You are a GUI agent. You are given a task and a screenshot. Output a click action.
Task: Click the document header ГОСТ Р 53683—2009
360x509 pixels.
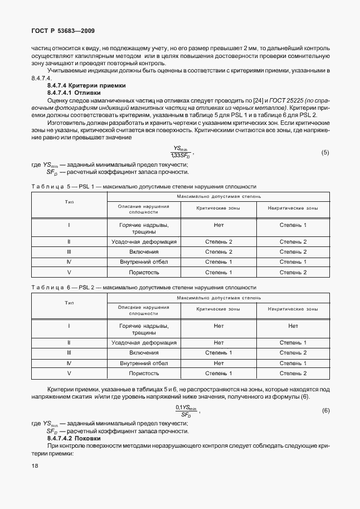coord(59,31)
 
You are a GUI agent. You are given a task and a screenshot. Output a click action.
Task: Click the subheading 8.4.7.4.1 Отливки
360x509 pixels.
coord(74,93)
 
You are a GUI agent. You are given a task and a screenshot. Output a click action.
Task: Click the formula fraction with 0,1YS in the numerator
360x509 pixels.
coord(186,411)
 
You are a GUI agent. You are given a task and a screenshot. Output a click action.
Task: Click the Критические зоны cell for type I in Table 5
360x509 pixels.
coord(218,225)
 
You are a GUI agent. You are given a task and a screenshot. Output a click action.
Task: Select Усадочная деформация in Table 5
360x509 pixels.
coord(144,242)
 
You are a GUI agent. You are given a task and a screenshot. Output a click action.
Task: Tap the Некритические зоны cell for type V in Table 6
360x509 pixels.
coord(293,373)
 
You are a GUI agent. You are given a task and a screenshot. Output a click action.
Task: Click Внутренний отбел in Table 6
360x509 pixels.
coord(144,363)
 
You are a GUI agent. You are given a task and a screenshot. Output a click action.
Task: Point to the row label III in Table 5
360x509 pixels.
coord(69,252)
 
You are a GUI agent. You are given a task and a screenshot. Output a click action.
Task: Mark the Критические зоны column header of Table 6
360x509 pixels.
coord(218,309)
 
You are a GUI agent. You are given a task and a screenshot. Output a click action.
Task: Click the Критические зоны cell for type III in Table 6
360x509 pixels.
coord(218,353)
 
